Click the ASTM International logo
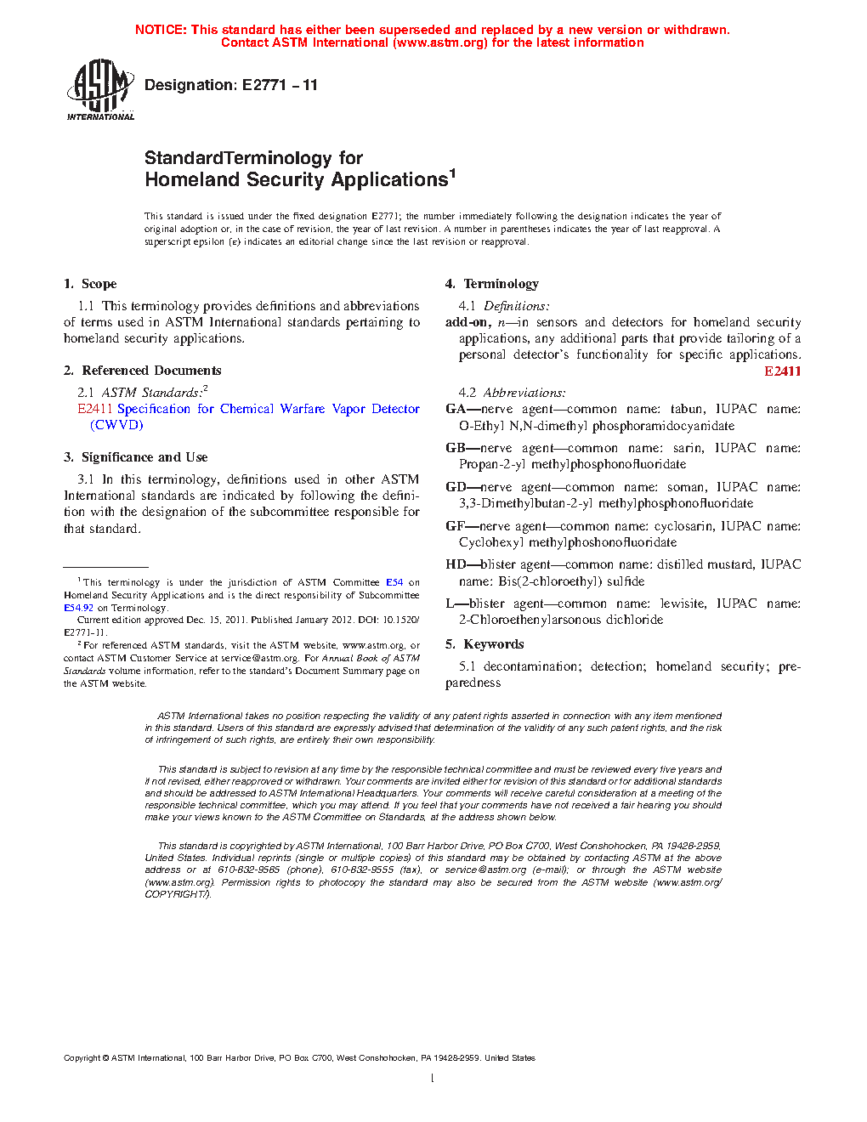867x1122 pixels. click(100, 89)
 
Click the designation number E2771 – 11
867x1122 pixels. click(280, 85)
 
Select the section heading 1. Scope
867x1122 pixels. click(90, 284)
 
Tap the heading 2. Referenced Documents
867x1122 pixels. click(142, 371)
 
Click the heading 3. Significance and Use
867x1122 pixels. click(135, 457)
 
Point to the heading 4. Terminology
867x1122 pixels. click(491, 284)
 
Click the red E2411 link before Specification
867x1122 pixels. click(95, 409)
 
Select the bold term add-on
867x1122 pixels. click(467, 322)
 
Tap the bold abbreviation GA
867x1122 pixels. click(456, 409)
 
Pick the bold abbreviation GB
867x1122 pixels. click(456, 448)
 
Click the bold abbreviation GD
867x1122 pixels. click(456, 487)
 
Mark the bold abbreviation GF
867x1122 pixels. click(455, 526)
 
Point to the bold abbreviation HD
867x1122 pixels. click(456, 564)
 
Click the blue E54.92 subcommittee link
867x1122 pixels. click(78, 608)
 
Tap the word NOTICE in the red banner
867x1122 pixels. click(161, 30)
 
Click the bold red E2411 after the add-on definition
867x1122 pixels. click(782, 371)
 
